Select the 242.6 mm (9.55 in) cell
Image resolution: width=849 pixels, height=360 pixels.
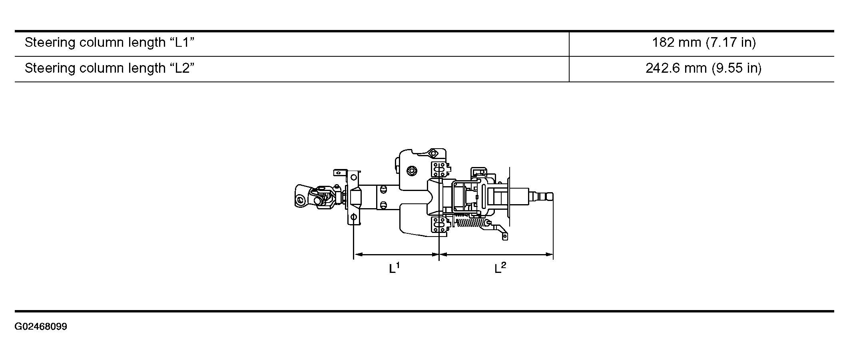tap(704, 68)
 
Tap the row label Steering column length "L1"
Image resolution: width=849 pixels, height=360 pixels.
tap(110, 42)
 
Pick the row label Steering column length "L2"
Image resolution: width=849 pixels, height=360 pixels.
tap(110, 68)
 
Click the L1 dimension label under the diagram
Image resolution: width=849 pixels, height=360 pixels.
tap(395, 267)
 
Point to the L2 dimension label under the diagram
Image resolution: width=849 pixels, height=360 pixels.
tap(500, 267)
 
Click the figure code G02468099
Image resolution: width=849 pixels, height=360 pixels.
tap(41, 327)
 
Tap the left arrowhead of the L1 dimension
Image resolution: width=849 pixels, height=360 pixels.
tap(357, 254)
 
